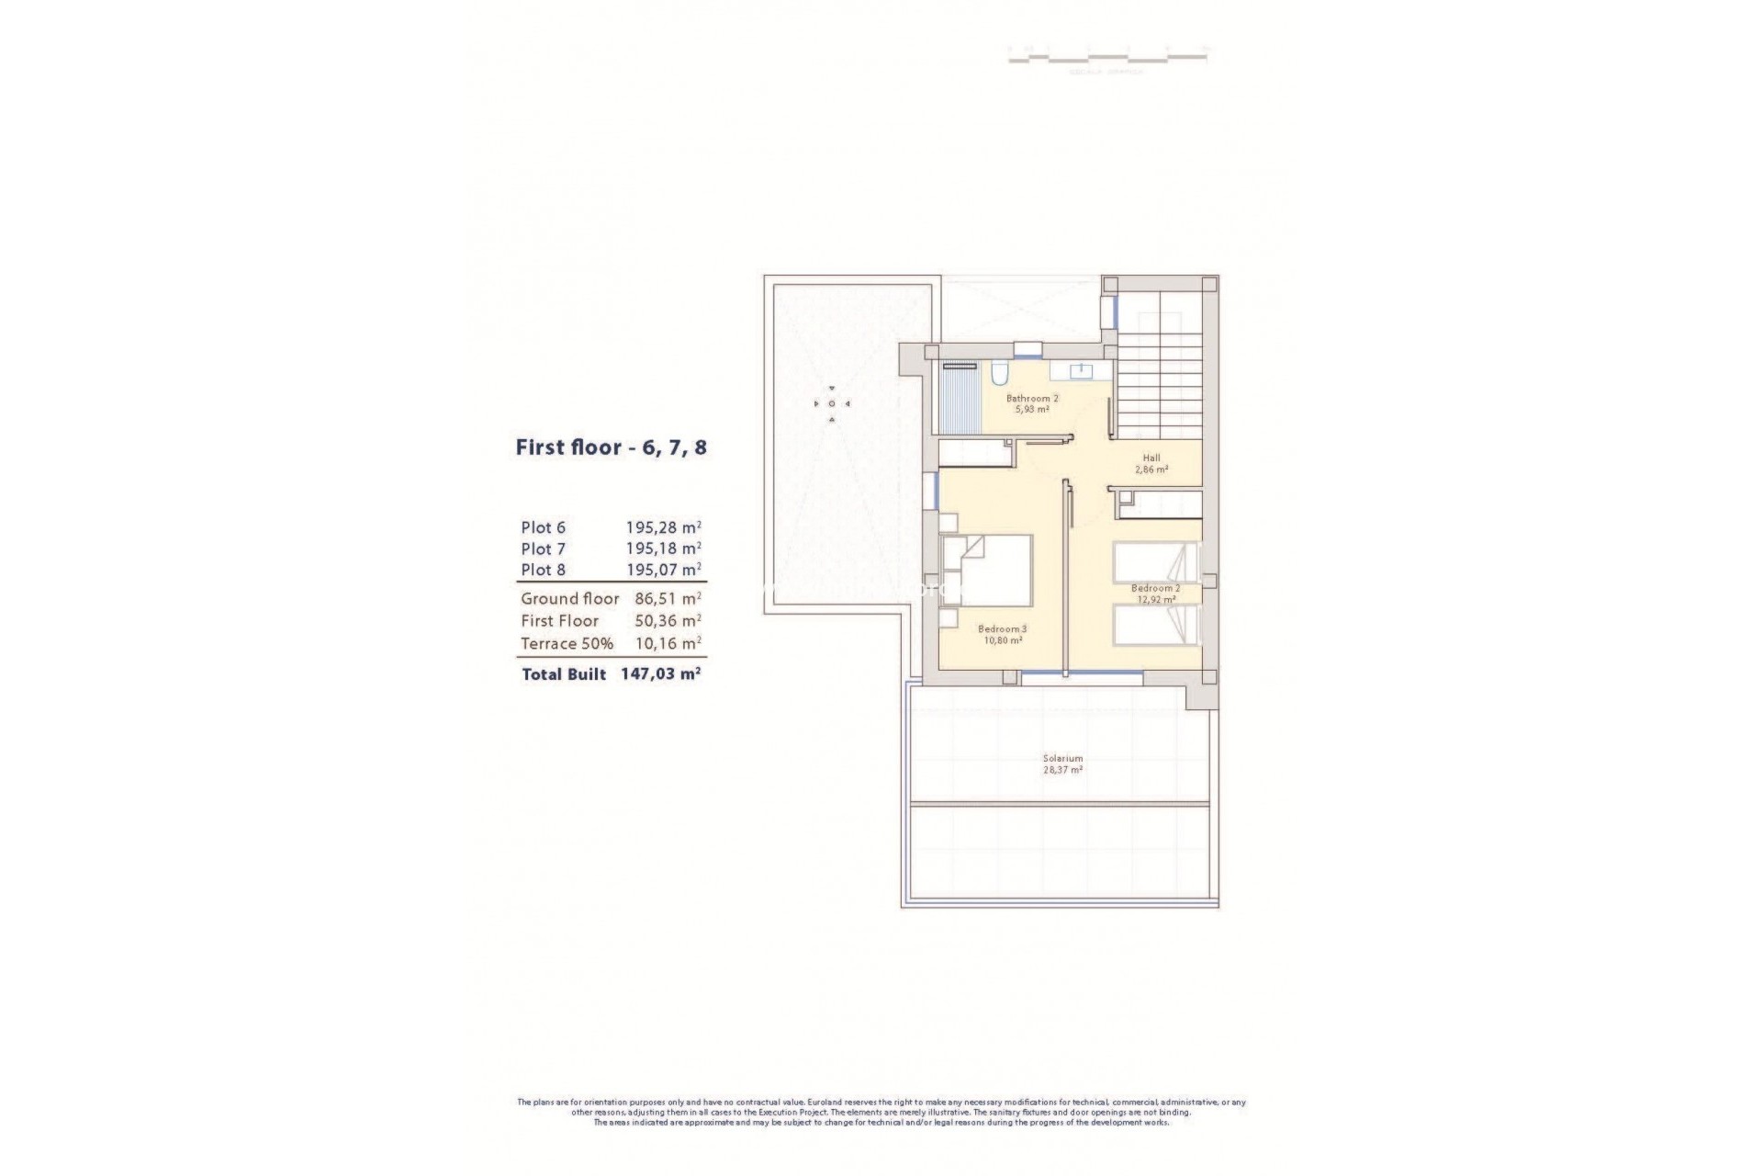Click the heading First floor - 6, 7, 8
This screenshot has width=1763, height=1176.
point(611,448)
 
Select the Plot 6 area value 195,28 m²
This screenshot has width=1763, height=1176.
point(664,527)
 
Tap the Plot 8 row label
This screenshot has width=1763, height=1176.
point(543,570)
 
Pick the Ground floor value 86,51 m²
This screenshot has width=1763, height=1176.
point(668,598)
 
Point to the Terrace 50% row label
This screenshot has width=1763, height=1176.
point(567,643)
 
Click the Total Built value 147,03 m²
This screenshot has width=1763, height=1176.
point(661,673)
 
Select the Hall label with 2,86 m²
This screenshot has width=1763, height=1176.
point(1151,463)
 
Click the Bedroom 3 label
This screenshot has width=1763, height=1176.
point(1002,634)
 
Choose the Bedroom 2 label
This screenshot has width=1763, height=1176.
point(1155,593)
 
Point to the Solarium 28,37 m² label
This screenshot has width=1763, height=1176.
point(1062,763)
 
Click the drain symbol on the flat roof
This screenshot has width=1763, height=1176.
point(832,403)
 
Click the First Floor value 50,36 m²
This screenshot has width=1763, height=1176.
point(668,621)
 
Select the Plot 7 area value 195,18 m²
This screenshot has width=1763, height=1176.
point(664,548)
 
